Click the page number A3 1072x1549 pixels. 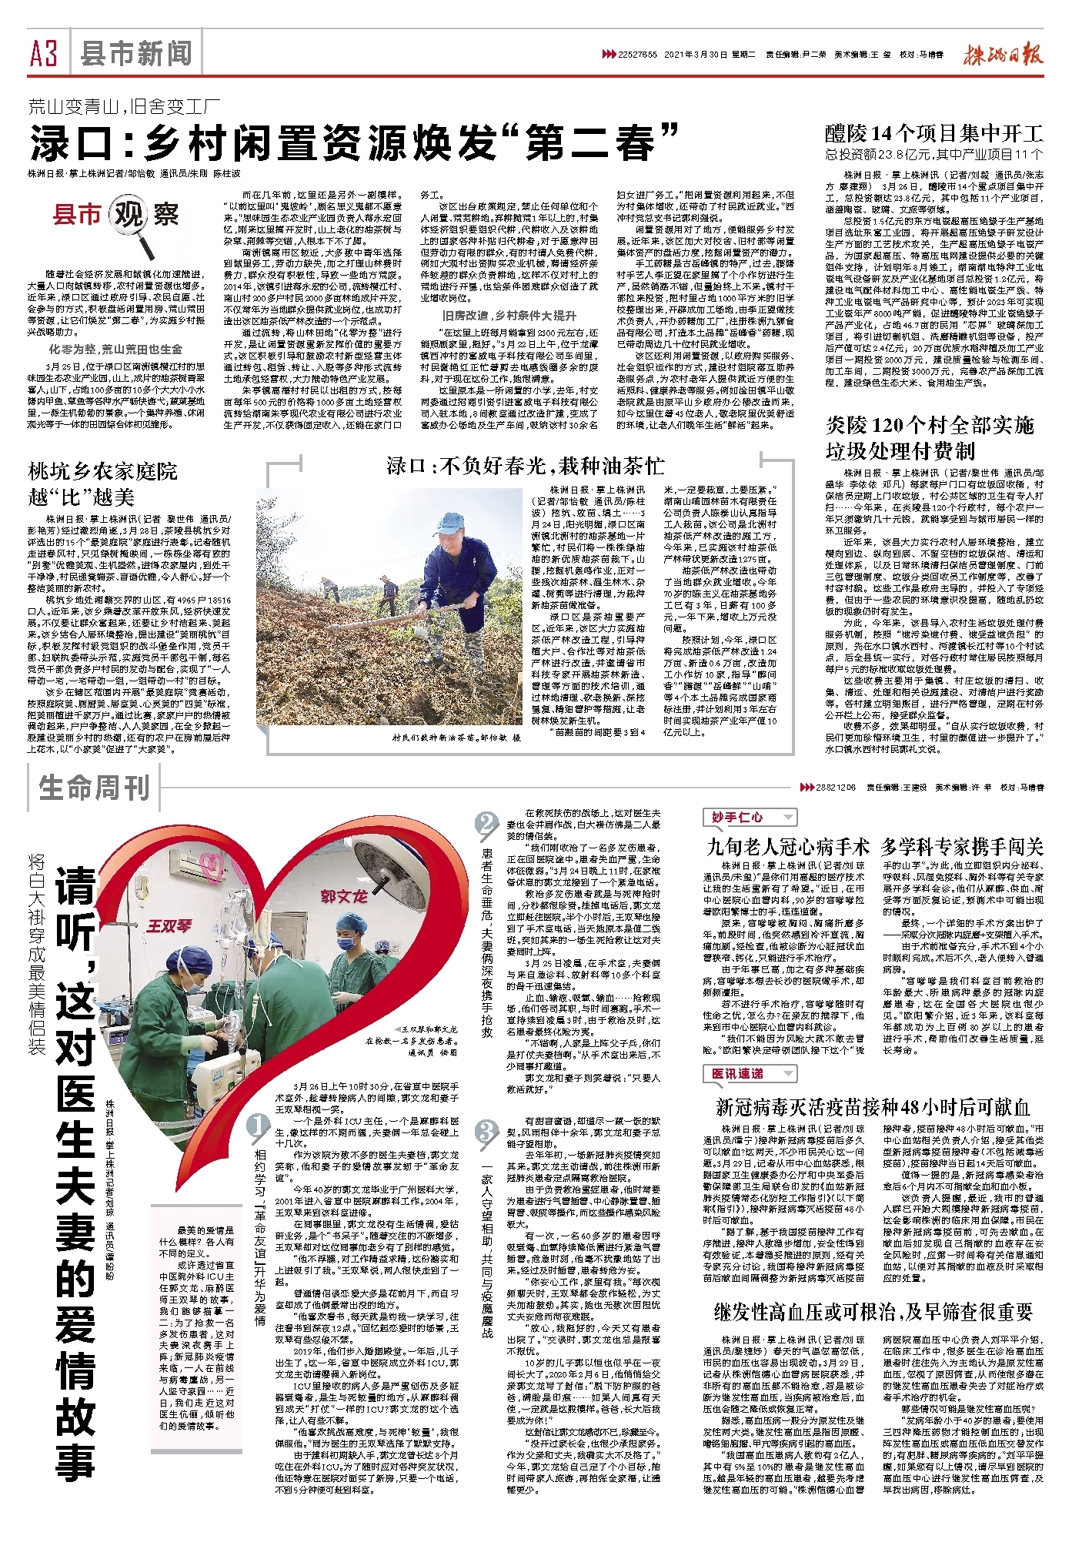[45, 54]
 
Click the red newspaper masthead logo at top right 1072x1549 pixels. [1003, 55]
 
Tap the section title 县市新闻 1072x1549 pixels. [136, 54]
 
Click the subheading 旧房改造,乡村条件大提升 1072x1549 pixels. [509, 316]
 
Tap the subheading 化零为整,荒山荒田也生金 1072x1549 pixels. [115, 349]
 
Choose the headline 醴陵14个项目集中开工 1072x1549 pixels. [933, 133]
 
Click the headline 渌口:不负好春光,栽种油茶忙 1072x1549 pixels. [525, 466]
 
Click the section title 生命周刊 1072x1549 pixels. [94, 788]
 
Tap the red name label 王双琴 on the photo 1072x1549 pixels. [169, 925]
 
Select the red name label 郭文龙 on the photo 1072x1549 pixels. [344, 896]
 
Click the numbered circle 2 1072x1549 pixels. [486, 825]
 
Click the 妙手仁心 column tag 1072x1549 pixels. [738, 818]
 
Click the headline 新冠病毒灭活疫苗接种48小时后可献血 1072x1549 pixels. [873, 1107]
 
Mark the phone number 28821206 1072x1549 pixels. [836, 788]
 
